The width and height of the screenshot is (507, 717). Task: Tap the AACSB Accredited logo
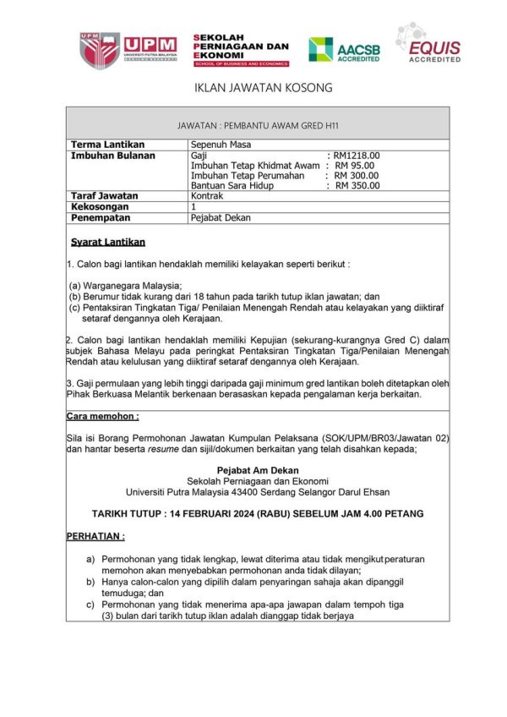pyautogui.click(x=344, y=50)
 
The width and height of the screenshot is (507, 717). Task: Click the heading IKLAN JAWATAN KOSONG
pyautogui.click(x=252, y=88)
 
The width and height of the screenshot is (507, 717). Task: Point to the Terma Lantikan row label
pyautogui.click(x=107, y=145)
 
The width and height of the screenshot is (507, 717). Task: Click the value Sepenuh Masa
pyautogui.click(x=221, y=145)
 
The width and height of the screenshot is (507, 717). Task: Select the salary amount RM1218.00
pyautogui.click(x=357, y=156)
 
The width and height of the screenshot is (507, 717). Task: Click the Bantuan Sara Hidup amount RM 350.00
pyautogui.click(x=357, y=186)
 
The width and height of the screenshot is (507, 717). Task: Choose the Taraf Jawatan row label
pyautogui.click(x=105, y=196)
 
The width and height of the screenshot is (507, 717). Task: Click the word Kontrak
pyautogui.click(x=208, y=196)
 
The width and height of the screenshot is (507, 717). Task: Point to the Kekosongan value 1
pyautogui.click(x=194, y=206)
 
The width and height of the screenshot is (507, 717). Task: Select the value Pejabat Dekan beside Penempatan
pyautogui.click(x=221, y=217)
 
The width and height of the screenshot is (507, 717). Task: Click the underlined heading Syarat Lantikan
pyautogui.click(x=108, y=242)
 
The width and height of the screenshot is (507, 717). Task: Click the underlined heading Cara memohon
pyautogui.click(x=102, y=416)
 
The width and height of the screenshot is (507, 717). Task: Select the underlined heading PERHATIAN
pyautogui.click(x=95, y=536)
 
